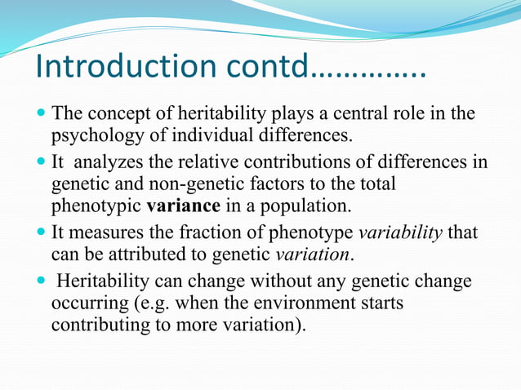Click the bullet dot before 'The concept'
tap(42, 113)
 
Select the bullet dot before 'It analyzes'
tap(42, 162)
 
